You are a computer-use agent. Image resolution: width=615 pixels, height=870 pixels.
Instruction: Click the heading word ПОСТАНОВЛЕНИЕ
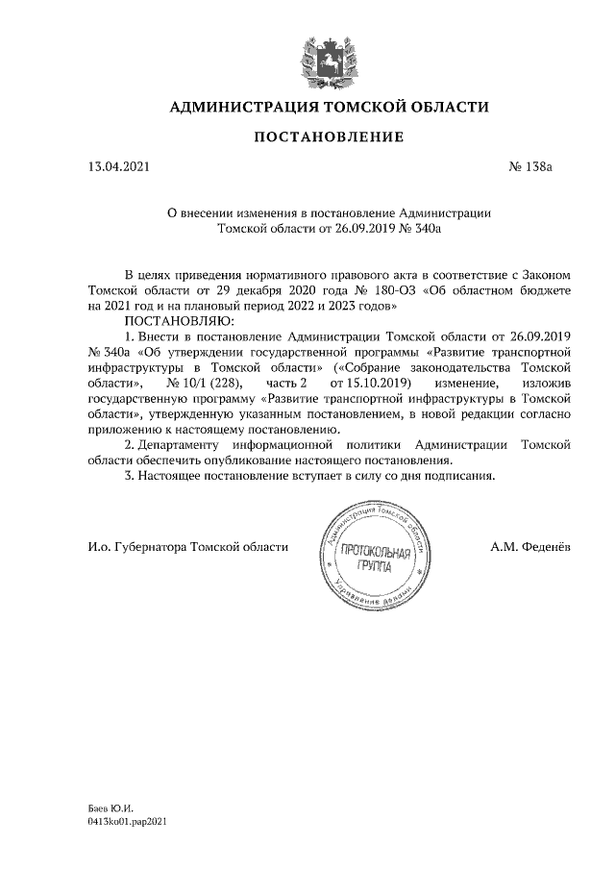(329, 138)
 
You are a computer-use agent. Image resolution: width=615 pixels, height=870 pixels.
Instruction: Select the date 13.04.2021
(118, 166)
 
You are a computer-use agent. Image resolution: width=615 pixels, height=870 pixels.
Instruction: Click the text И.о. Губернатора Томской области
(186, 547)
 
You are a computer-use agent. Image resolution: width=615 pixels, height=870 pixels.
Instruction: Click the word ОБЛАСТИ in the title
(442, 106)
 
